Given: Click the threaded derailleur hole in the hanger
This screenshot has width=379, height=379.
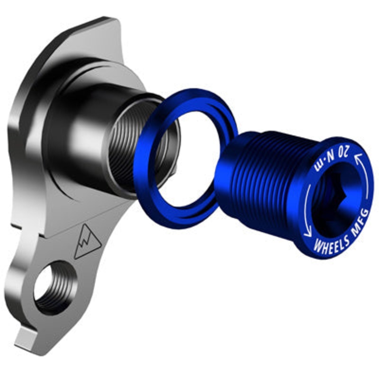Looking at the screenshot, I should coord(54,287).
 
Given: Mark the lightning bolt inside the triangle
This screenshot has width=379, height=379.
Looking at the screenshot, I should coord(88,243).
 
